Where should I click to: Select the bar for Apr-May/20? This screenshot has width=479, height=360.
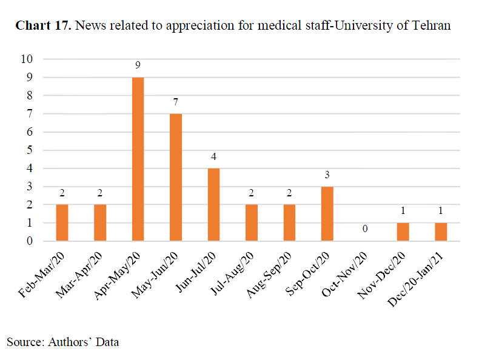point(138,159)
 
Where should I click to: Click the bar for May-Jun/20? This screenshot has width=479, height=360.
point(176,177)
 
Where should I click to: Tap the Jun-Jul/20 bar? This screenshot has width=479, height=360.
point(213,204)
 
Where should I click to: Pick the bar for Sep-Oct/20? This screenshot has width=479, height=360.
point(327,213)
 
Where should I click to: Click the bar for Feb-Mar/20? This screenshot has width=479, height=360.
point(62,222)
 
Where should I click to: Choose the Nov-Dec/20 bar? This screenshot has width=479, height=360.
point(403,232)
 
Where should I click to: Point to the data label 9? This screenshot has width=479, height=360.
point(138,65)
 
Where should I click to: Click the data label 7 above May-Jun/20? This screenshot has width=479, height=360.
point(176,101)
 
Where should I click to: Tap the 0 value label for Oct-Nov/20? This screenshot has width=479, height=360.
point(365,229)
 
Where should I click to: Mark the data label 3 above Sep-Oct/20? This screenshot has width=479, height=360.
point(327,175)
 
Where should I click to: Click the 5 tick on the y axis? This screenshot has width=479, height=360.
point(29,150)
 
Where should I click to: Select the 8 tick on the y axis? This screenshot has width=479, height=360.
point(29,96)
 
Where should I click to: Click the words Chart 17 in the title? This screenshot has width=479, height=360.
point(44,26)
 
